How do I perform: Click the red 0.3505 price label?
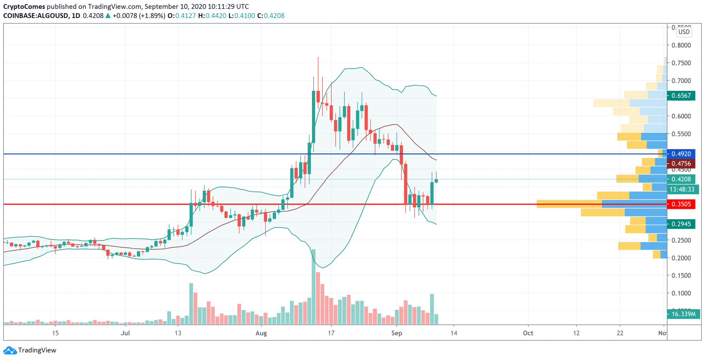point(681,204)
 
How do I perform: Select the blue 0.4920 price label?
point(681,154)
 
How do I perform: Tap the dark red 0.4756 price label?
point(681,164)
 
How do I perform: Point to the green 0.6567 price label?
point(681,96)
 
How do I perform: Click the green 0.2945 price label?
point(681,224)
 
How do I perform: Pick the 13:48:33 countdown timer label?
point(682,189)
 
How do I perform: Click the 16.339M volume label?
point(683,314)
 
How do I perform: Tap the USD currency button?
point(684,32)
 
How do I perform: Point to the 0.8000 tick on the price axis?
point(681,45)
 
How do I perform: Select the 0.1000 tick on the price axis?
point(681,293)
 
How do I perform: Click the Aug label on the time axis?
point(261,333)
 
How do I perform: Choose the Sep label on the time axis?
point(397,333)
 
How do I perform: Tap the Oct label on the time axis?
point(528,333)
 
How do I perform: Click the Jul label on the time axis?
point(125,333)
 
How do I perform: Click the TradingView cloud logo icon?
point(10,350)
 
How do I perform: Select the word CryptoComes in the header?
point(24,6)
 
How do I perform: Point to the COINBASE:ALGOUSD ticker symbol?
point(36,16)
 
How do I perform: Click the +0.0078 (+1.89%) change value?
point(139,16)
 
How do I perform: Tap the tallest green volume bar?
point(313,286)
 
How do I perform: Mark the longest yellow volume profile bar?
point(569,204)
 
